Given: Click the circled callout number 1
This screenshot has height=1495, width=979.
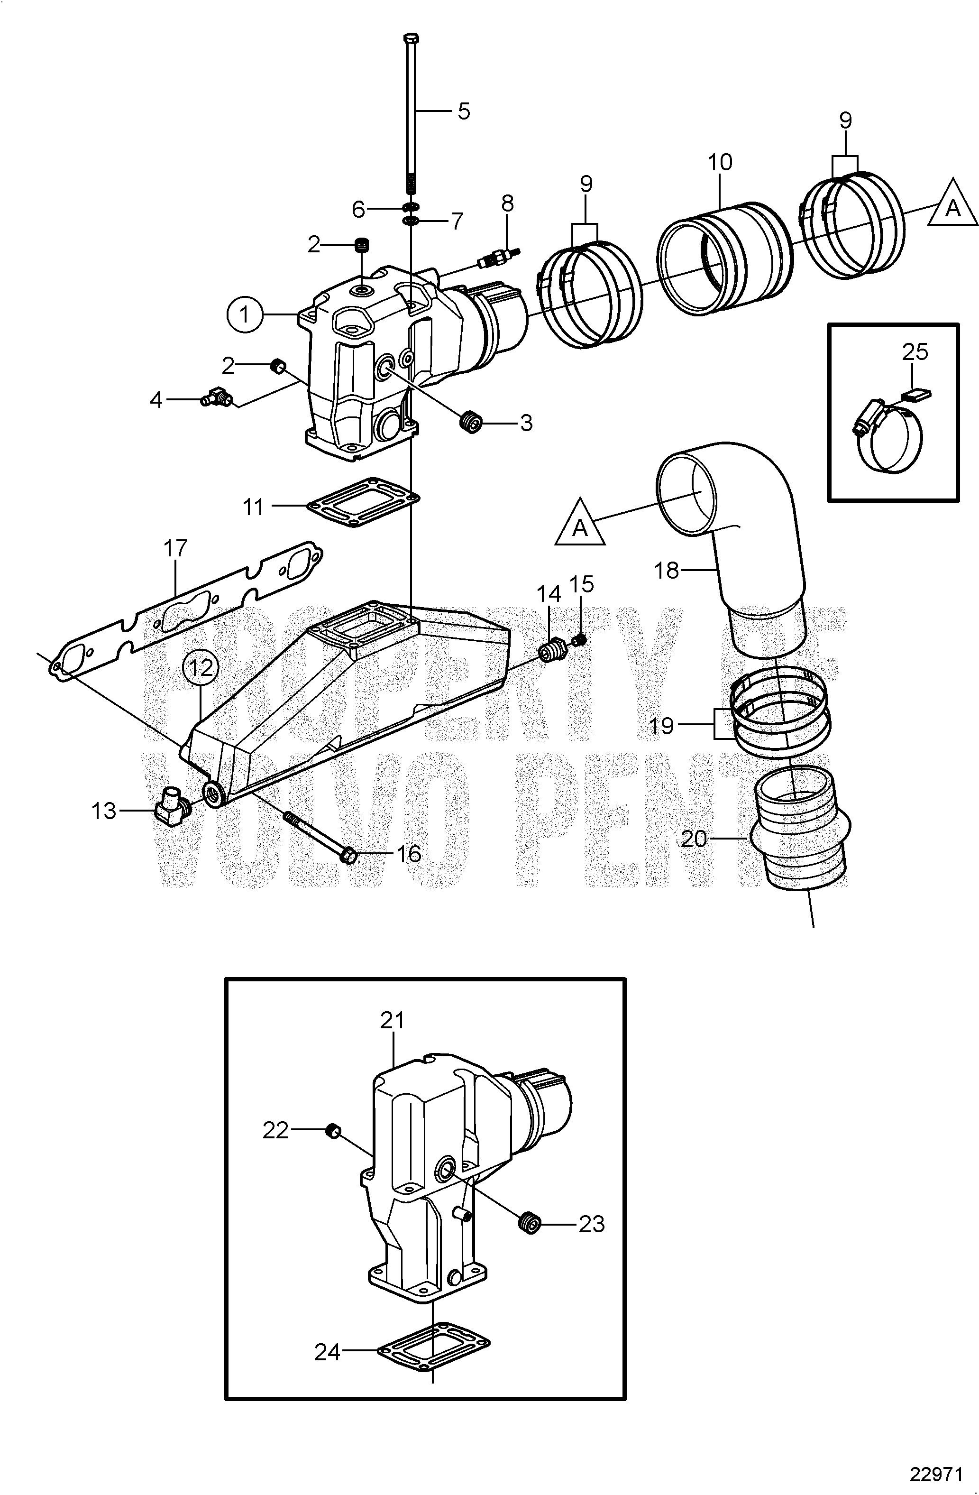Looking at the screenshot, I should (x=245, y=314).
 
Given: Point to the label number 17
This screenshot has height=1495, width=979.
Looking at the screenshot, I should (x=175, y=548).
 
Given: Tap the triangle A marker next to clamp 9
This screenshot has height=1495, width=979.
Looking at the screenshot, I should (x=952, y=208).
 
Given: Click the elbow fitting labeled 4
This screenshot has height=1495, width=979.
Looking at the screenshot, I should (x=215, y=397).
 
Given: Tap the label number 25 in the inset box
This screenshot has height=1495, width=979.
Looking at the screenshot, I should (x=915, y=352).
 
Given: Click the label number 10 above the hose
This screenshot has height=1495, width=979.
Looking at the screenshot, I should (x=720, y=163).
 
